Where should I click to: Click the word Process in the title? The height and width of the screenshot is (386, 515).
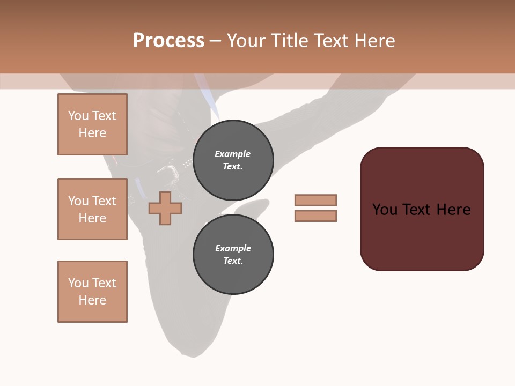[168, 41]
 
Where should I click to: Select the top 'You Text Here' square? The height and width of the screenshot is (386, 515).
[92, 124]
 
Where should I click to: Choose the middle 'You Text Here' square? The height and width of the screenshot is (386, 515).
[92, 209]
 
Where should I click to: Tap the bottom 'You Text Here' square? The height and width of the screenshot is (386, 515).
[92, 292]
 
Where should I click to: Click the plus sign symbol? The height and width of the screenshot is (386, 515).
[165, 208]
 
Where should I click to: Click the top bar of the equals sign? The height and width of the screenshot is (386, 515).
[315, 200]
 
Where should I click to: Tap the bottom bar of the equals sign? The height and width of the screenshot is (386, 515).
[315, 216]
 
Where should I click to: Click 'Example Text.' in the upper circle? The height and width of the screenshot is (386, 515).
[233, 160]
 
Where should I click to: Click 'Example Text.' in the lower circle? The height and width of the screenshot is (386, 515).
[233, 254]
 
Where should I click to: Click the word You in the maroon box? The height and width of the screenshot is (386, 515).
[385, 210]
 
